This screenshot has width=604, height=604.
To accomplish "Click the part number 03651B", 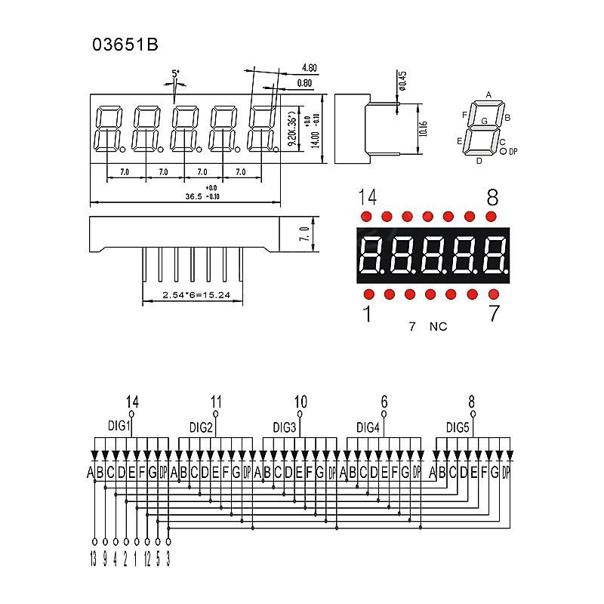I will [x=125, y=45].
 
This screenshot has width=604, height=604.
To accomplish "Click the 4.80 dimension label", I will [x=308, y=68].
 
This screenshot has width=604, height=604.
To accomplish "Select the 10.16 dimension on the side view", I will [x=424, y=128].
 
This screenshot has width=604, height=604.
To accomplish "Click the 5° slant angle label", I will [x=176, y=74].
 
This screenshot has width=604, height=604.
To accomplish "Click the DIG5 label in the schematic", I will [x=458, y=427].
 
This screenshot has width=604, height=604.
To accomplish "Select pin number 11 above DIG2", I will [x=217, y=402].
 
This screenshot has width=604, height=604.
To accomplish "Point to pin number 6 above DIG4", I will [x=384, y=402].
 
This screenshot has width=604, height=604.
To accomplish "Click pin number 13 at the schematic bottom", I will [x=93, y=560].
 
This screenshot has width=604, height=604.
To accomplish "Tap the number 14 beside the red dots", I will [x=368, y=198].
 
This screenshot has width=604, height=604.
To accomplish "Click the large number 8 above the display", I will [x=492, y=198].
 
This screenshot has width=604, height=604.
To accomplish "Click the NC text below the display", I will [x=438, y=327].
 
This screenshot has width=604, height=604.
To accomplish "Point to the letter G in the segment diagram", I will [x=484, y=121].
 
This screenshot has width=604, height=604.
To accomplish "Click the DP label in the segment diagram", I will [x=513, y=152].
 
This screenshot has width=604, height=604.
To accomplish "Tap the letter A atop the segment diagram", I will [x=488, y=95].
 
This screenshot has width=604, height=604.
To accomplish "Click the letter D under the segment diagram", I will [x=479, y=160].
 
